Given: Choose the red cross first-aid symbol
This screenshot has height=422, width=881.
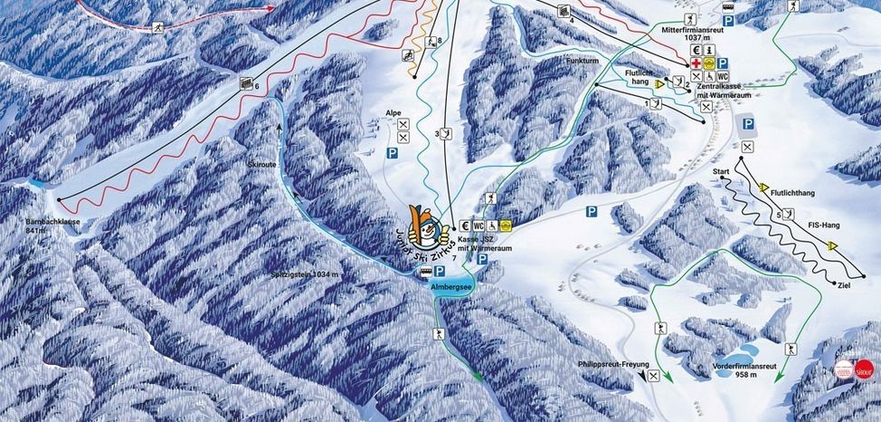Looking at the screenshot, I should pyautogui.click(x=696, y=63).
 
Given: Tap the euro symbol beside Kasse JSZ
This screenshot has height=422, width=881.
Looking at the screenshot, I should pyautogui.click(x=464, y=225).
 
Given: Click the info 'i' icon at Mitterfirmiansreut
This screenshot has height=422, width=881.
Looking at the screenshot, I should pyautogui.click(x=710, y=50).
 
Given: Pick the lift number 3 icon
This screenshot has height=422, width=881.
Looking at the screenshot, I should pyautogui.click(x=446, y=134).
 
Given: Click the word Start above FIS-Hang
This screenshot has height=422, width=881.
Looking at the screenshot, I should pyautogui.click(x=721, y=171).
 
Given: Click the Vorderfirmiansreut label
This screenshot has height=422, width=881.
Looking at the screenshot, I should pyautogui.click(x=745, y=366).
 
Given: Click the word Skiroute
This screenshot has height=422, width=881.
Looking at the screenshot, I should pyautogui.click(x=262, y=165).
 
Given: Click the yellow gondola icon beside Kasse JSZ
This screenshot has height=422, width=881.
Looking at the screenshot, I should pyautogui.click(x=507, y=225).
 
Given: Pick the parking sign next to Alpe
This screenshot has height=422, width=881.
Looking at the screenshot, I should pyautogui.click(x=393, y=154).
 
